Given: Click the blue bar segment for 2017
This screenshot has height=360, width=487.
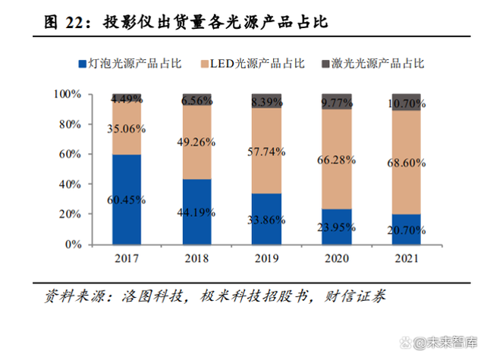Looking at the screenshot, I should point(127,199).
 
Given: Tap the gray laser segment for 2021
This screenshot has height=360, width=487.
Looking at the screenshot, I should point(405,102).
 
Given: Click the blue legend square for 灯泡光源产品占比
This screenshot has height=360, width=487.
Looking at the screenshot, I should point(83,64).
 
